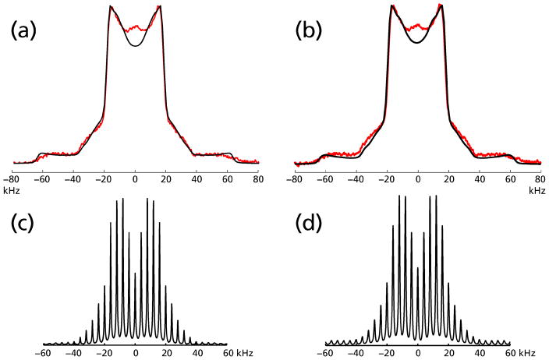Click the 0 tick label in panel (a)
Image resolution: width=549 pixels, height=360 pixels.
pyautogui.click(x=136, y=179)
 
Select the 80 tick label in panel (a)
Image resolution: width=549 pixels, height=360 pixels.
pyautogui.click(x=257, y=179)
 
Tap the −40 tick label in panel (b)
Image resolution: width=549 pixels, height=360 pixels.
pyautogui.click(x=356, y=179)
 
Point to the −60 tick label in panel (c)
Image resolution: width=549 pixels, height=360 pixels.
pyautogui.click(x=44, y=353)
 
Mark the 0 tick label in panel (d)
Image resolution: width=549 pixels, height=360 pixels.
pyautogui.click(x=418, y=353)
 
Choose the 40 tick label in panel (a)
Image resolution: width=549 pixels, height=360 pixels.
pyautogui.click(x=197, y=179)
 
